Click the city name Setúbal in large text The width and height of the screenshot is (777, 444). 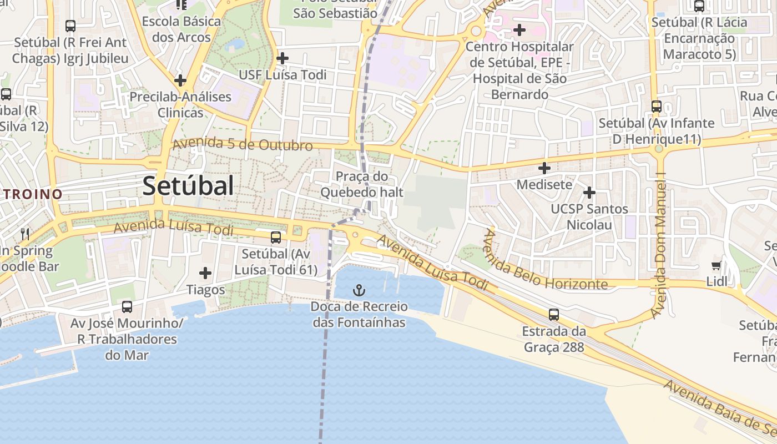click(x=188, y=186)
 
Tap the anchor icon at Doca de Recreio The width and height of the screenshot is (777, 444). click(x=359, y=290)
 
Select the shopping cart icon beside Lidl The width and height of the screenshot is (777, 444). click(x=717, y=265)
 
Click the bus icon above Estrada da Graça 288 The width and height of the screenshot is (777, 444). click(x=553, y=315)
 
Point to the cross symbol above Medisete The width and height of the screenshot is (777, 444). click(x=544, y=168)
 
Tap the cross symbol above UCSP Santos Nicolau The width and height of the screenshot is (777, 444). click(x=589, y=193)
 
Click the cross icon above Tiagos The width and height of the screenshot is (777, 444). click(x=205, y=273)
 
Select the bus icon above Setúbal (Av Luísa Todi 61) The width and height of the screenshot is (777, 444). click(x=275, y=238)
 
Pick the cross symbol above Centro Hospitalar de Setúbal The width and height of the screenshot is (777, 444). click(x=519, y=29)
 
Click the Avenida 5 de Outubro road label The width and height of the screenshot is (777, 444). click(x=243, y=144)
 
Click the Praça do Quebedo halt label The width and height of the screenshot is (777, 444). click(x=361, y=185)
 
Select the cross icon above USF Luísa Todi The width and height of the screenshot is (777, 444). click(x=282, y=58)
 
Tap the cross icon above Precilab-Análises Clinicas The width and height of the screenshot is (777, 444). click(x=180, y=80)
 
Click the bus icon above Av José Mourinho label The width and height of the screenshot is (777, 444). click(x=127, y=306)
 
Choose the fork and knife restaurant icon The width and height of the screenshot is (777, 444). click(x=25, y=234)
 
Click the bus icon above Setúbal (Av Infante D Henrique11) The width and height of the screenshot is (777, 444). click(x=657, y=106)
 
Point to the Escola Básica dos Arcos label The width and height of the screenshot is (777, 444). click(x=181, y=29)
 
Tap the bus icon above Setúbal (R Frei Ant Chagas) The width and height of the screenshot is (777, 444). click(x=70, y=26)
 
